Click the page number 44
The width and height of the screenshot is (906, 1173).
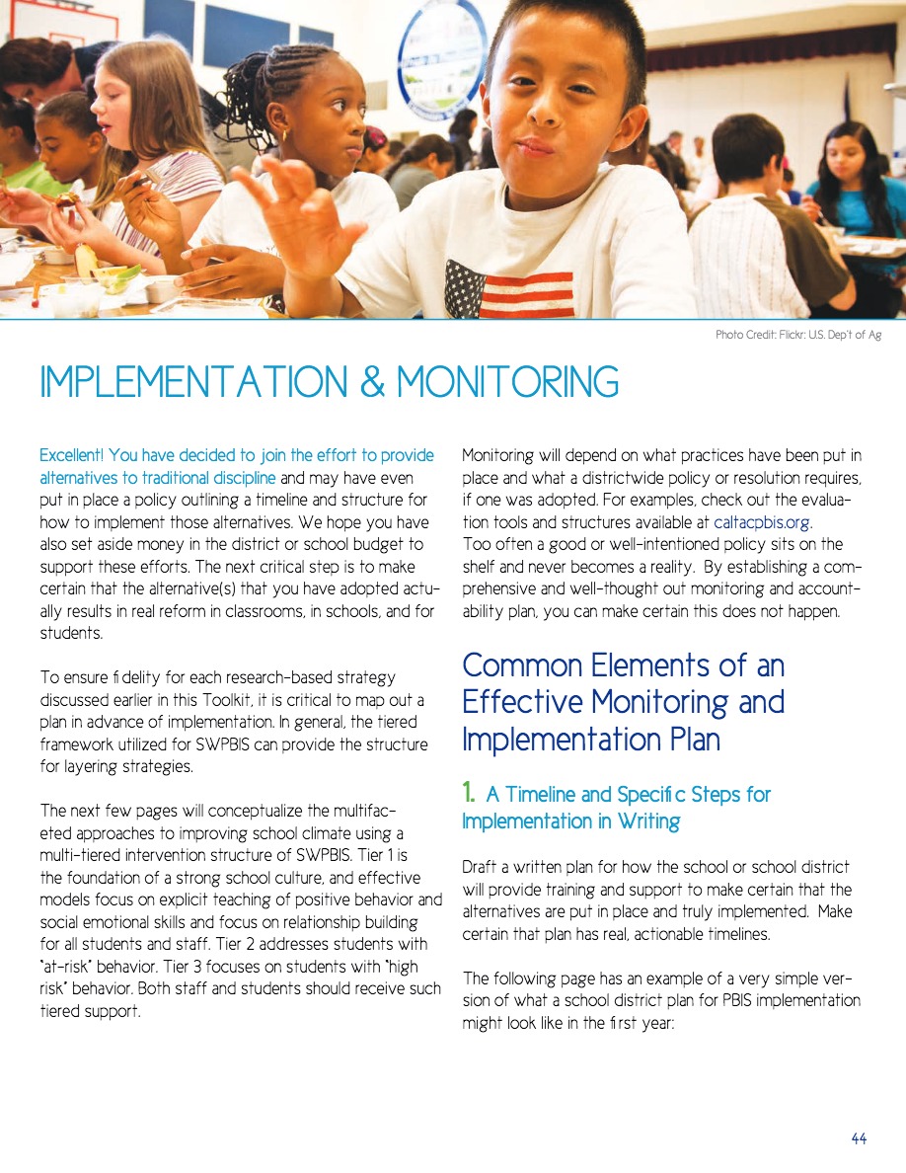[858, 1138]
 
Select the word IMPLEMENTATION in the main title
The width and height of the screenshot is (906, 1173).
[193, 383]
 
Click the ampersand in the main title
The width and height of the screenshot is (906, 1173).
[373, 383]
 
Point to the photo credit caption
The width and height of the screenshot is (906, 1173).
[797, 336]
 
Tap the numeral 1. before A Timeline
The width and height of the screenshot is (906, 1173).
[470, 794]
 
